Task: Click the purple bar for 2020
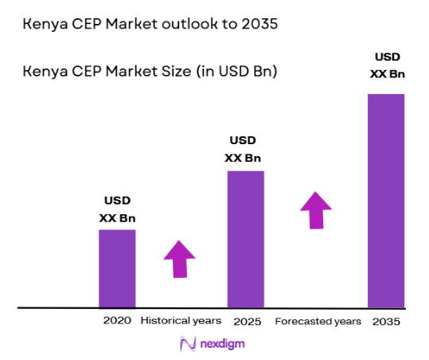[117, 268]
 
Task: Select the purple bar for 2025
[245, 239]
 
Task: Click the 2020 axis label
[116, 321]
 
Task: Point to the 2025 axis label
[247, 322]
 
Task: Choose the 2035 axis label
[385, 322]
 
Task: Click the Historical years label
[181, 321]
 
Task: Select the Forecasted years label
[318, 322]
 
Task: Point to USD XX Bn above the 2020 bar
[117, 209]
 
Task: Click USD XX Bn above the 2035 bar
[387, 65]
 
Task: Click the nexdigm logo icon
[188, 344]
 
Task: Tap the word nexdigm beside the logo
[224, 345]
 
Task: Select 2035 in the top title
[259, 25]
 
